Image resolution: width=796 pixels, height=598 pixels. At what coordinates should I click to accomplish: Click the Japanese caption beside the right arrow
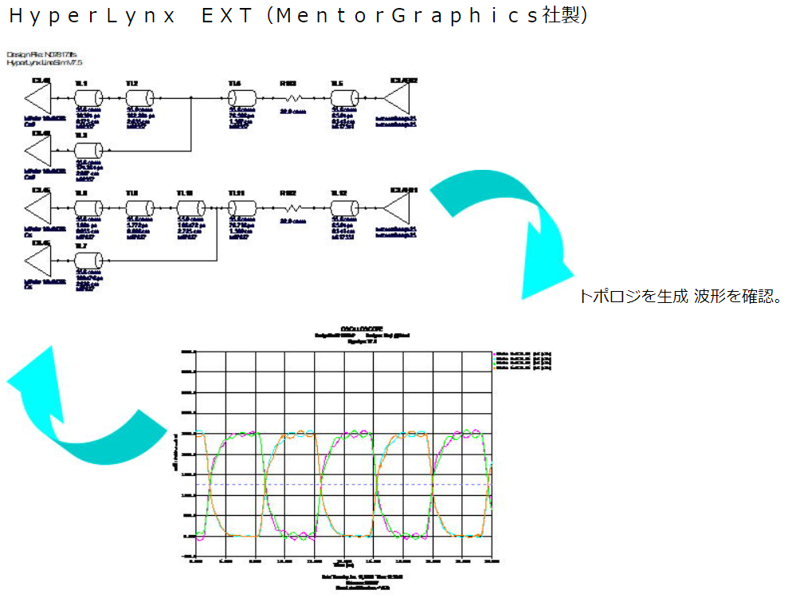[681, 297]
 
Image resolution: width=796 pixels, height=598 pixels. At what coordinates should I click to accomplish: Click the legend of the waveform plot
[523, 360]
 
